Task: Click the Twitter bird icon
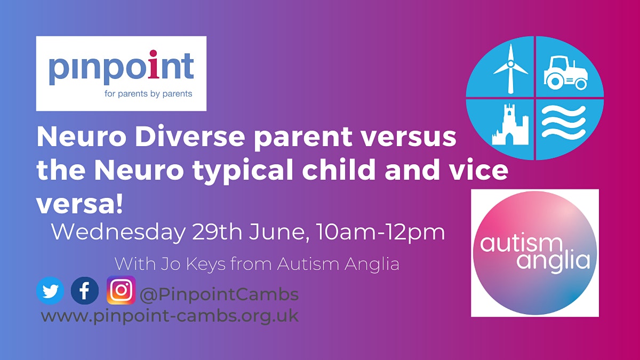50,291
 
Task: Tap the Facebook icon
85,291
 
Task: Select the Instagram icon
121,290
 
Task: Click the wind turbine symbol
511,69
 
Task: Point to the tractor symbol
566,73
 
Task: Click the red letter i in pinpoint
154,65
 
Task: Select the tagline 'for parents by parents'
148,94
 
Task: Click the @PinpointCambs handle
219,294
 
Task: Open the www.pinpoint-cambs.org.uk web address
170,316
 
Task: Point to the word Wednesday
118,232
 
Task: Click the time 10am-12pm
381,233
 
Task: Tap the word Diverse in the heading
190,137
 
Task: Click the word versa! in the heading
79,205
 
